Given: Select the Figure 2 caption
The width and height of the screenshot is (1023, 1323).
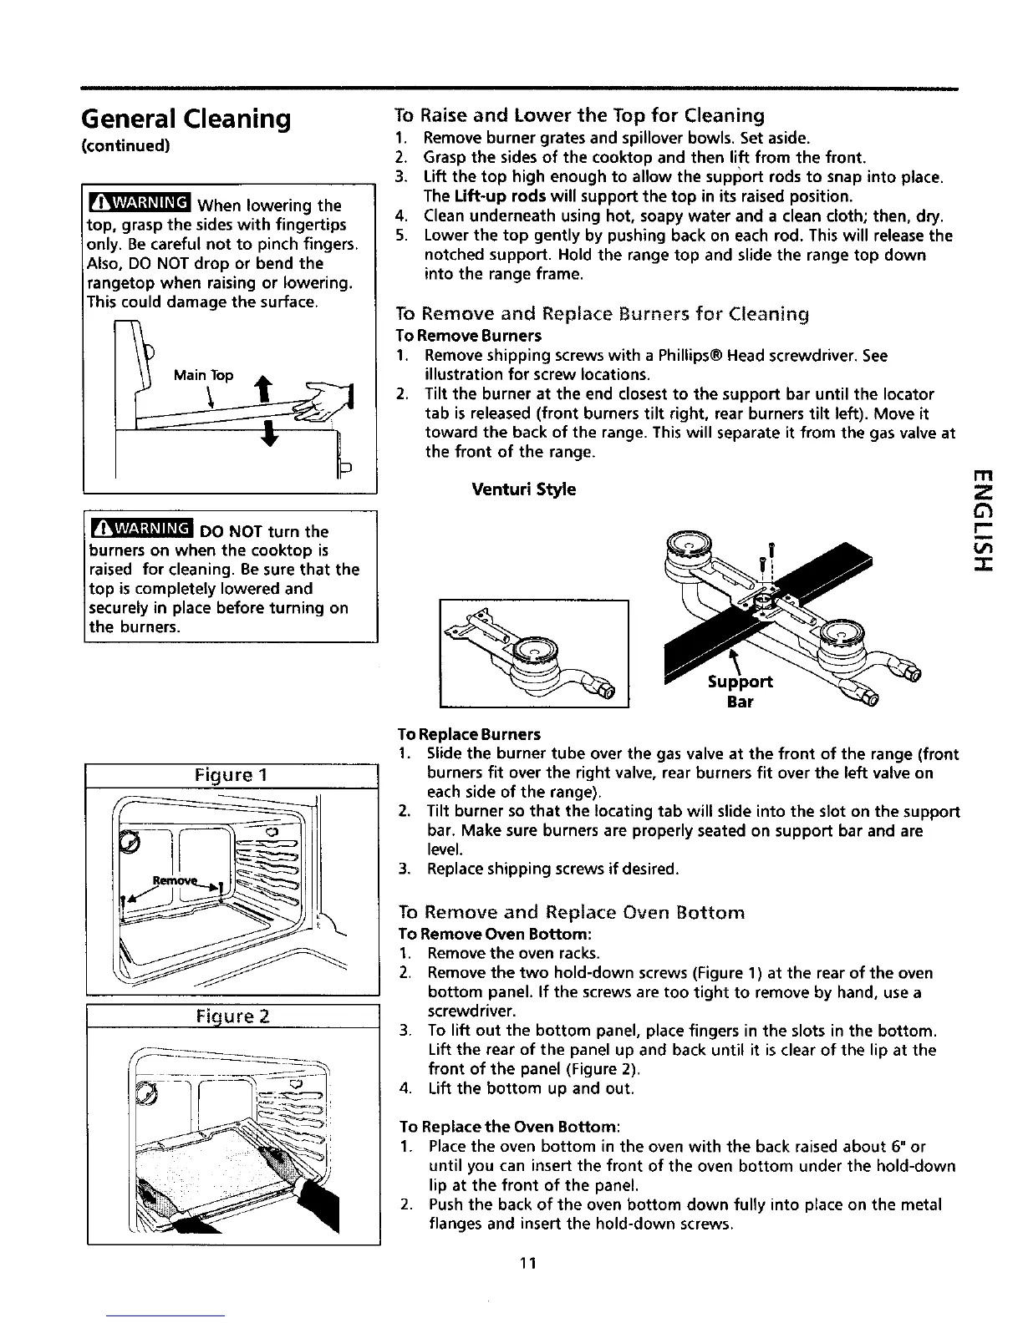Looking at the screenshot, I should [x=233, y=1016].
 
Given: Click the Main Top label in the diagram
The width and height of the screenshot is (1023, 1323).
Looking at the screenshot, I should [x=203, y=375].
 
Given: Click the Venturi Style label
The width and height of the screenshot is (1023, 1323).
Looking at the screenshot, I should [x=523, y=489].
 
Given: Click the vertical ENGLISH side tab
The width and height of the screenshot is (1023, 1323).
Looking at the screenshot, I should [x=984, y=523].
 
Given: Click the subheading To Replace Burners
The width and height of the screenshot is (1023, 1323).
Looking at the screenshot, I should [x=469, y=734].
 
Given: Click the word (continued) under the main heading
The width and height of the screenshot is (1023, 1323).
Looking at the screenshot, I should [x=137, y=145].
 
